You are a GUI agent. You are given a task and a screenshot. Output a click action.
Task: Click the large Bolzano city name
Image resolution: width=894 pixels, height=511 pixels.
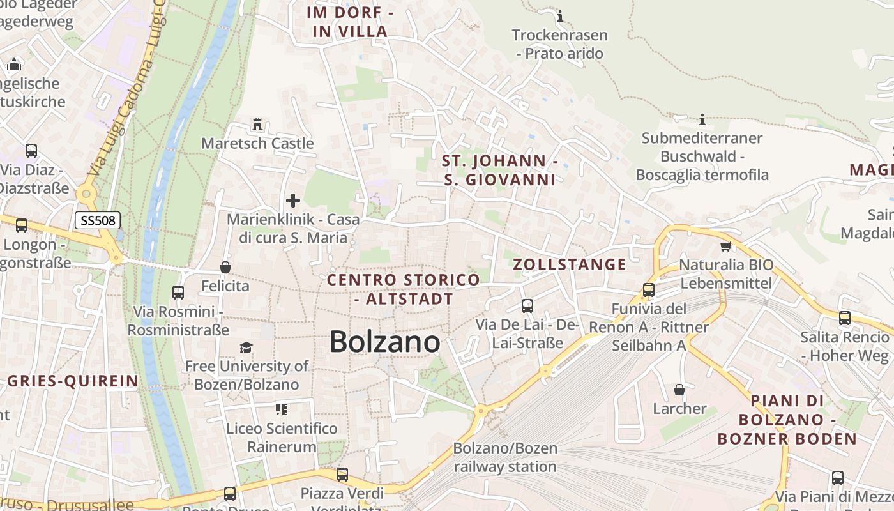[384, 342]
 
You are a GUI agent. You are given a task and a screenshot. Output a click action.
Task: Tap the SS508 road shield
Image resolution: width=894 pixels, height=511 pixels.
[98, 221]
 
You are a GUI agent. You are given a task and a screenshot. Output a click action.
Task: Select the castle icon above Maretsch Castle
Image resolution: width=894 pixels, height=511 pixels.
[258, 123]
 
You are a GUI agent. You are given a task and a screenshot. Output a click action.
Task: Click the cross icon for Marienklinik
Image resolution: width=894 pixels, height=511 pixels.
[293, 201]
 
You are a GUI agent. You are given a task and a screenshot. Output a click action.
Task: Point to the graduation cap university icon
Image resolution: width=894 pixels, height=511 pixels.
[246, 347]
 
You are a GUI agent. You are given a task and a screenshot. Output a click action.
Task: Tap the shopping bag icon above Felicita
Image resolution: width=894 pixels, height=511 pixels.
[225, 267]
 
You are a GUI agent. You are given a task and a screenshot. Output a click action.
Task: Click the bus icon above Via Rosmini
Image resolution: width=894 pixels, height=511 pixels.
[178, 293]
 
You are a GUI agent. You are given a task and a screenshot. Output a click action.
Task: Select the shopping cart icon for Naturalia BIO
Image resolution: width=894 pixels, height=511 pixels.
[725, 246]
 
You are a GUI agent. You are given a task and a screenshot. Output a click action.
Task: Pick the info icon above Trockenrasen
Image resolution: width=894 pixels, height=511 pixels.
[560, 16]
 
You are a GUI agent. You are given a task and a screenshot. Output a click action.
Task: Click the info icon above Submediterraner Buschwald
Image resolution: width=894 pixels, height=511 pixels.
[702, 119]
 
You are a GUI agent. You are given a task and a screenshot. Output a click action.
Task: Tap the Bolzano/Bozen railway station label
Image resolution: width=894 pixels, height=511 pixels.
[505, 457]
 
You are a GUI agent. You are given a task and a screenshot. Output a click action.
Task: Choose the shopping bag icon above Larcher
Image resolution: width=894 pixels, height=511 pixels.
[679, 390]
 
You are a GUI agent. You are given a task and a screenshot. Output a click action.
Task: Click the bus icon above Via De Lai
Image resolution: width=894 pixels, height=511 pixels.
[527, 306]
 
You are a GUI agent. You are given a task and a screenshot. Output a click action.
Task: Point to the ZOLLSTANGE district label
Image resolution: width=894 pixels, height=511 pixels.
[570, 264]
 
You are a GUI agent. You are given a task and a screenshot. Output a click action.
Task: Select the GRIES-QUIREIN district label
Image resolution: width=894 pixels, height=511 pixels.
[73, 381]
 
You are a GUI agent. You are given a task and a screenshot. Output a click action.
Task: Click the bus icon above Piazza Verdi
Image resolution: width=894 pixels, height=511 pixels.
[342, 475]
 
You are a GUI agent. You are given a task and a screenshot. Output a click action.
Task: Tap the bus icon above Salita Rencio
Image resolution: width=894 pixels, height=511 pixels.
[845, 318]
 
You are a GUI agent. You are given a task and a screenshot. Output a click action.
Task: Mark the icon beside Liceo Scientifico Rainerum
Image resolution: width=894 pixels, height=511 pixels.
[282, 409]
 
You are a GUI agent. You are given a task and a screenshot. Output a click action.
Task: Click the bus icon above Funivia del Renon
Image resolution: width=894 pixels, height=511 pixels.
[649, 290]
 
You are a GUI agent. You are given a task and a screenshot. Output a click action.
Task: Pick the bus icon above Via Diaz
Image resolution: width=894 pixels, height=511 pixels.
[31, 151]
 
